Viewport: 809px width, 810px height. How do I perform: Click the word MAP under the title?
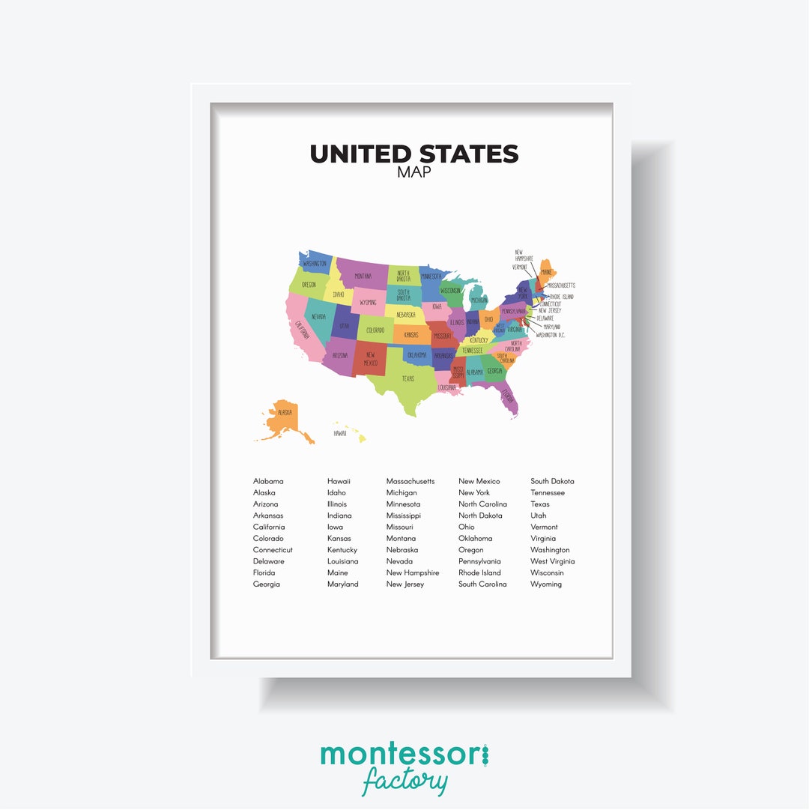click(414, 172)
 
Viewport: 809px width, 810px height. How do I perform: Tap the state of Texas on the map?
click(404, 378)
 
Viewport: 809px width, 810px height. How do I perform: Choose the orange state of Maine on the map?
click(548, 271)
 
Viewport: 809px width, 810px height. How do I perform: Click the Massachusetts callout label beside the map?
click(561, 285)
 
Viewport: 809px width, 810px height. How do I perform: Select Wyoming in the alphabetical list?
click(546, 584)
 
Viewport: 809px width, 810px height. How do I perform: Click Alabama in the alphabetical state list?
click(268, 481)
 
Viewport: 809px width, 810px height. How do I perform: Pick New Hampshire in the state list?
click(412, 573)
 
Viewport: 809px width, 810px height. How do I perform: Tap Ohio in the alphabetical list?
click(467, 527)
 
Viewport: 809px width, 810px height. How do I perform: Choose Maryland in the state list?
click(342, 584)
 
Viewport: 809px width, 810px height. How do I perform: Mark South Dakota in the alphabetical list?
click(552, 481)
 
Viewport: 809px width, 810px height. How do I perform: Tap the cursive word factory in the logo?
click(404, 782)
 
